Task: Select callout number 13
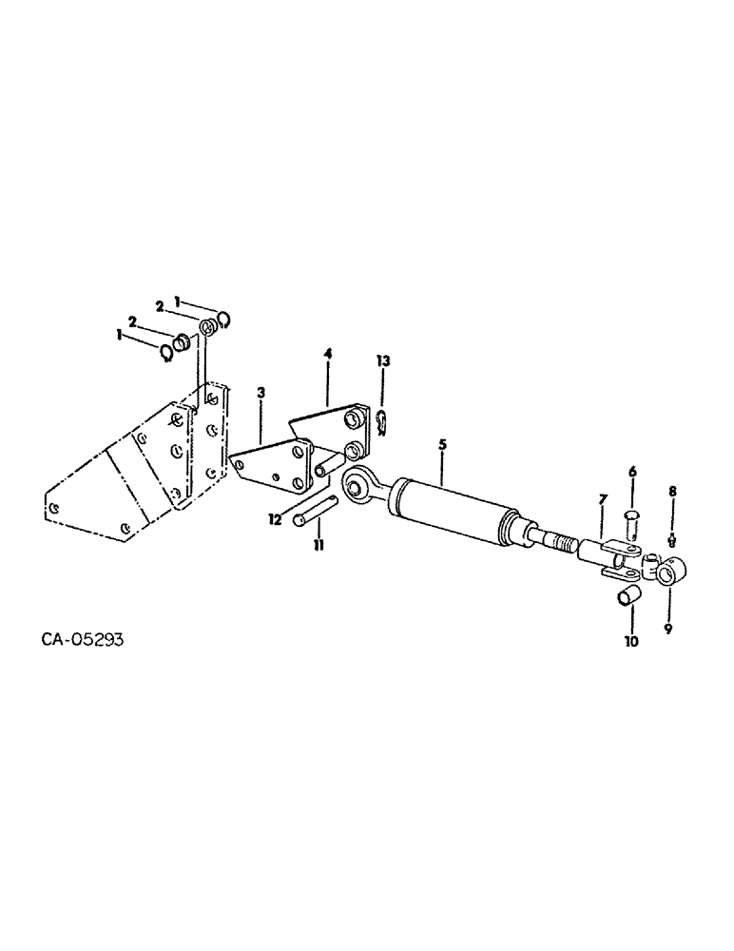[382, 361]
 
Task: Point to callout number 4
[327, 353]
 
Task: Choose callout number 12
[277, 520]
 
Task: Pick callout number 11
[319, 544]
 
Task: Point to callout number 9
[667, 629]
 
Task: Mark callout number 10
[631, 641]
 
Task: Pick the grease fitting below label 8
[673, 539]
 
